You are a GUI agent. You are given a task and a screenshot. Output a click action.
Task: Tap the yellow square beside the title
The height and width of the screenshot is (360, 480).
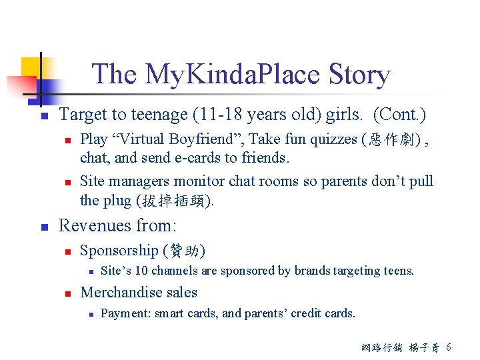pyautogui.click(x=31, y=67)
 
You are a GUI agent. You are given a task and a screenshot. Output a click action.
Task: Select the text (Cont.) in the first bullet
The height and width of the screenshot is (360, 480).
pyautogui.click(x=399, y=115)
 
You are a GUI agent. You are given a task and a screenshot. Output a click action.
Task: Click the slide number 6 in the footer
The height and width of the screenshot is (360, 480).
pyautogui.click(x=449, y=347)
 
